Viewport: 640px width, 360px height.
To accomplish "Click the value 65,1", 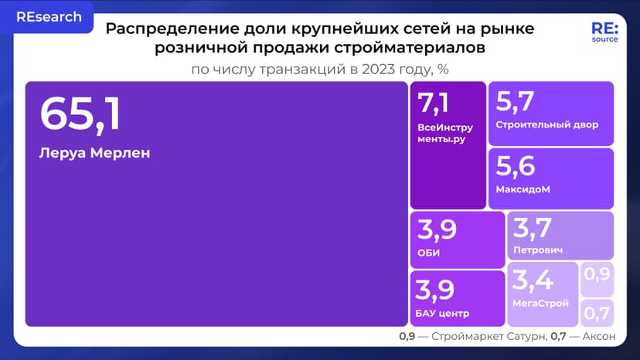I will [x=80, y=116].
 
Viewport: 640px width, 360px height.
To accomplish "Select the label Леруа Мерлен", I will [x=94, y=153].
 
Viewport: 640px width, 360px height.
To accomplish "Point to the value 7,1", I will [x=433, y=104].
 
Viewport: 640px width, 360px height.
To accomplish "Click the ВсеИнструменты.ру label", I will [x=444, y=134].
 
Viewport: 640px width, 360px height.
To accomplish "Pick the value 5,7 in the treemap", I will [x=515, y=101].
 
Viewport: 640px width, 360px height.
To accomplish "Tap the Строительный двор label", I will [x=547, y=125].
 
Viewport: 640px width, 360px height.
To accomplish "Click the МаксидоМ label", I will [x=523, y=189].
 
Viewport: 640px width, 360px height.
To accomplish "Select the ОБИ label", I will [x=428, y=253].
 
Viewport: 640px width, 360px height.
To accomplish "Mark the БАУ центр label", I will [x=443, y=313].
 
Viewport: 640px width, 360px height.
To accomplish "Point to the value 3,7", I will [x=533, y=229].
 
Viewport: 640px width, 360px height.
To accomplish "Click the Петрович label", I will [x=537, y=250].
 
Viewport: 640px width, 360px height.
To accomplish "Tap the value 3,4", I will [x=533, y=280].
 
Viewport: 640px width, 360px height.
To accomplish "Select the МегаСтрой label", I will [x=540, y=304].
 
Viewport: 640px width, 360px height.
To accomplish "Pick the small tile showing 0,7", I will [x=597, y=313].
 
